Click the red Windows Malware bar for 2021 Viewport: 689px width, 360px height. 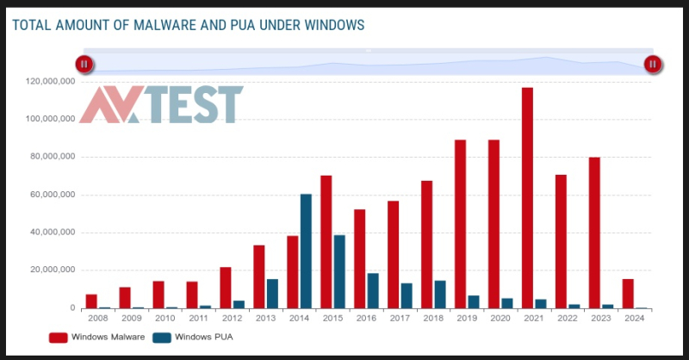527,197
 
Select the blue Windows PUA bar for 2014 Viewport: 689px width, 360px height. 306,251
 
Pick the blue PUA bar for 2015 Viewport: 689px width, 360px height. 339,271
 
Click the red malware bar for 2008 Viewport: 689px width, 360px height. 91,301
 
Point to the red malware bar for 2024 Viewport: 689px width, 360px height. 628,294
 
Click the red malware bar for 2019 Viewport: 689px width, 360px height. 460,224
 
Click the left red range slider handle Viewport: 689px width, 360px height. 84,63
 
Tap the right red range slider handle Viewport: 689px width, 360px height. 653,63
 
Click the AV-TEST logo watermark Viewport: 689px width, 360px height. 161,104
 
